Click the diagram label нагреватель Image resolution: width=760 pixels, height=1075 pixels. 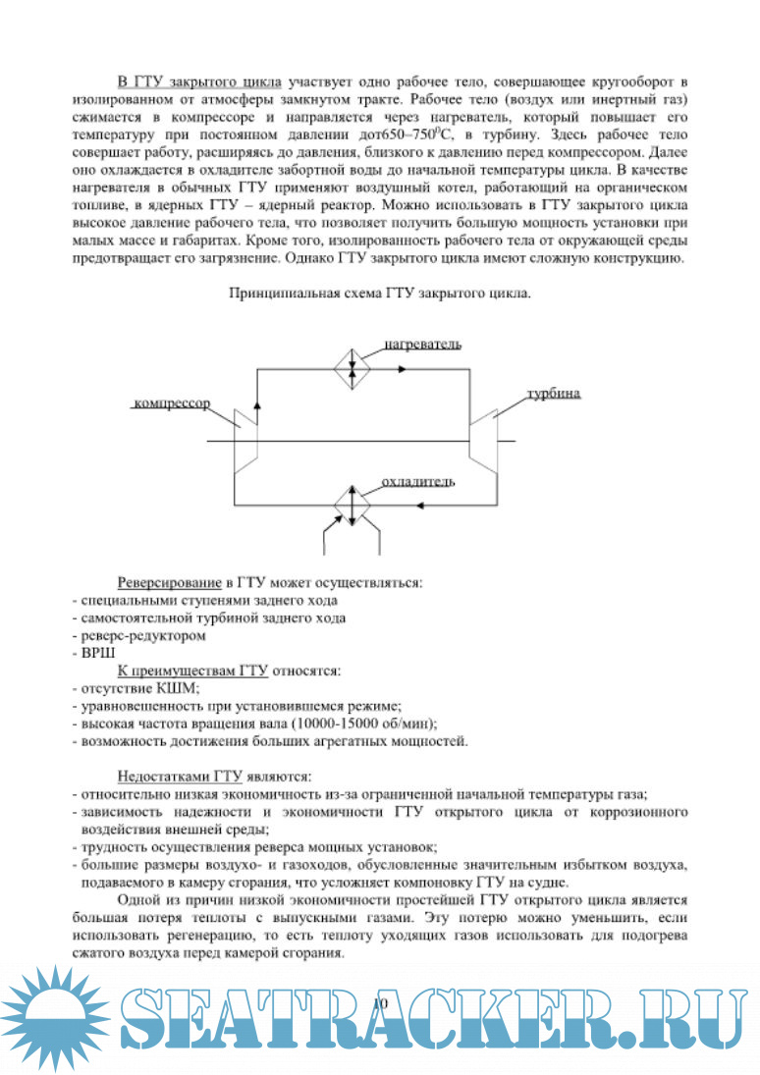pos(422,345)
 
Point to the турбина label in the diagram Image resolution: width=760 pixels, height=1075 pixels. pos(554,393)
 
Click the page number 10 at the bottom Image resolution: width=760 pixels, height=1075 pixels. pos(382,1001)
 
